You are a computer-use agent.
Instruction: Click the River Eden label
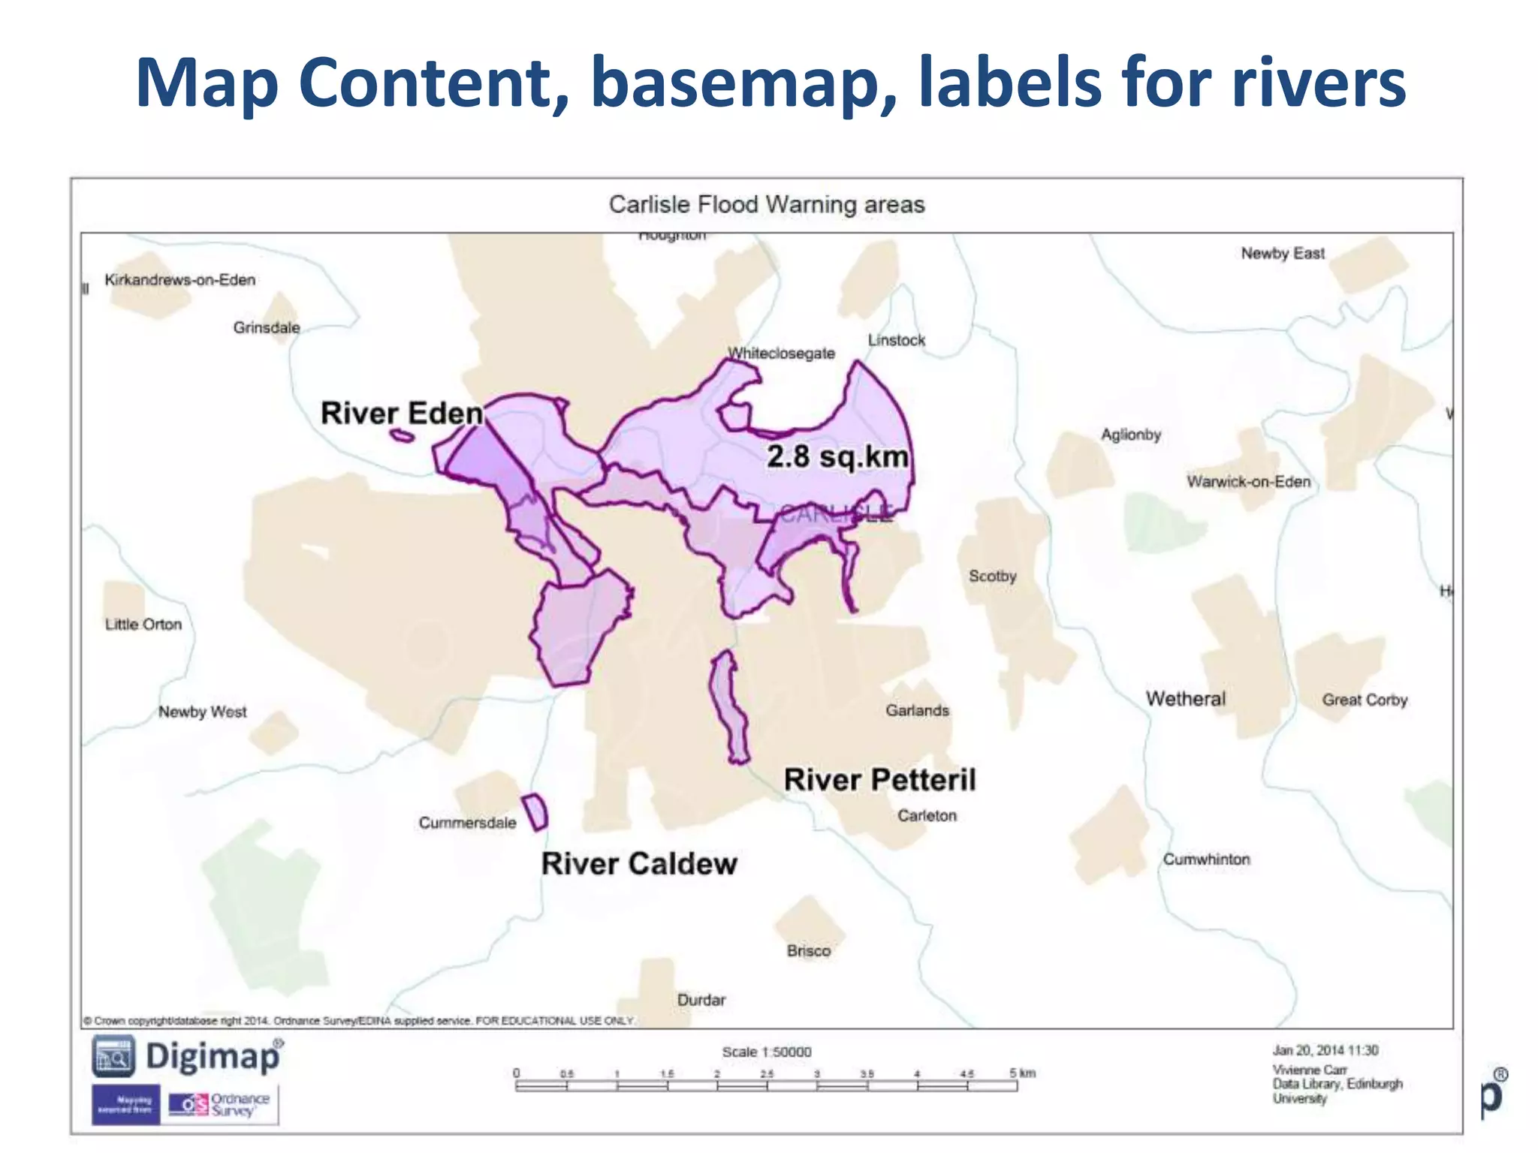402,414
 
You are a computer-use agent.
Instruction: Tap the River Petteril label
879,780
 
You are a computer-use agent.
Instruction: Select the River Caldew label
639,864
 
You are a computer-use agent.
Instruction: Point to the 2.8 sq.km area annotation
837,456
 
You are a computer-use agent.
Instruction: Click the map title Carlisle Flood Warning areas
766,204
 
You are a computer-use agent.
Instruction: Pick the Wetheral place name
1185,699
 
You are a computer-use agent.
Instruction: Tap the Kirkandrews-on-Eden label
180,280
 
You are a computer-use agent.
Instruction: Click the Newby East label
1282,254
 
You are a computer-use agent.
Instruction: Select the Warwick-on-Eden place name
1248,482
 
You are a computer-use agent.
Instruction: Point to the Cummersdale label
467,823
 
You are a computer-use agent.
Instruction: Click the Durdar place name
701,1000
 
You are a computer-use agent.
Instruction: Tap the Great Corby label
1365,700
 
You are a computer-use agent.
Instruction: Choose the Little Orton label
143,625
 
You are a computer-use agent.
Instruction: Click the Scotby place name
992,576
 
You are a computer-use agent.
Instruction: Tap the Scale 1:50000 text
766,1052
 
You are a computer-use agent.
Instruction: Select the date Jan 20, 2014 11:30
1325,1050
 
